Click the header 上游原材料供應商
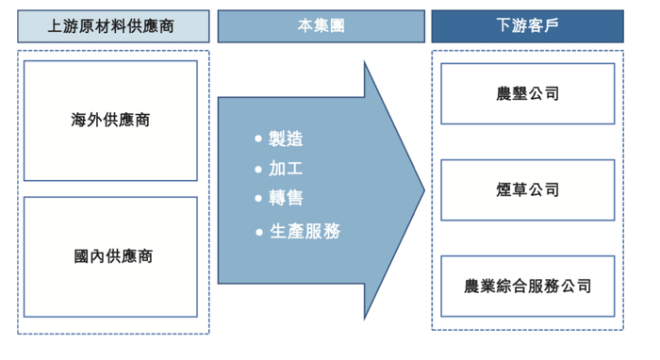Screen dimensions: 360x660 [x=111, y=26]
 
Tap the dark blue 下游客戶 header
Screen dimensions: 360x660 [x=527, y=26]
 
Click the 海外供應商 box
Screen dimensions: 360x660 [x=110, y=121]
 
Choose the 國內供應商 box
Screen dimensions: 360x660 [x=110, y=255]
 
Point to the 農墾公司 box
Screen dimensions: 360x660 [x=527, y=93]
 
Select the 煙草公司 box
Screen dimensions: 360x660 [x=527, y=189]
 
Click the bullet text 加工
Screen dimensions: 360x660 [x=286, y=170]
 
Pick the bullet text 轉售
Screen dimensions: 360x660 [x=286, y=198]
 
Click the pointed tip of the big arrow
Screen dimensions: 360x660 [x=423, y=188]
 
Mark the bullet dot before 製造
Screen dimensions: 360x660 [x=258, y=139]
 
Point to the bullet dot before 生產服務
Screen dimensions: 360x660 [x=258, y=230]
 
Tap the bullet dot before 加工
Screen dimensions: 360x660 [x=258, y=170]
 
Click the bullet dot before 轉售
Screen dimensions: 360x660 [x=258, y=198]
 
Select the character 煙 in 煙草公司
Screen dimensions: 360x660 [x=503, y=189]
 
